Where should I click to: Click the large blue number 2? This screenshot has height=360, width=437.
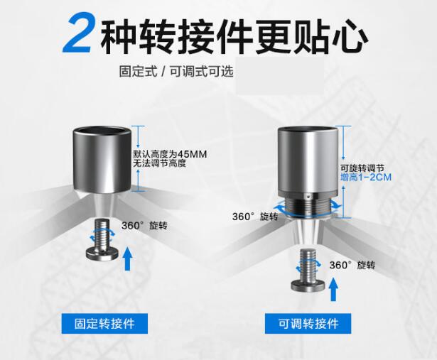pyautogui.click(x=77, y=33)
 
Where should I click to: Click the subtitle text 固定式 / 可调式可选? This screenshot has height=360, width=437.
pyautogui.click(x=176, y=71)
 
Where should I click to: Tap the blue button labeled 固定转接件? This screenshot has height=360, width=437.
pyautogui.click(x=104, y=324)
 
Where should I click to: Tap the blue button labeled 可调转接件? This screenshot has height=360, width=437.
pyautogui.click(x=308, y=324)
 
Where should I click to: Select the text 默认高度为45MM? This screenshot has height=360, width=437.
pyautogui.click(x=170, y=154)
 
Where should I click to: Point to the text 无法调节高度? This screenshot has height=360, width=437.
pyautogui.click(x=159, y=163)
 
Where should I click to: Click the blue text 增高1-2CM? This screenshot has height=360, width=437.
pyautogui.click(x=366, y=177)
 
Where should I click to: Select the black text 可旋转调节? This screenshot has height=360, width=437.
pyautogui.click(x=362, y=168)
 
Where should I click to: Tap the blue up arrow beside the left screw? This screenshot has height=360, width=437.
pyautogui.click(x=128, y=258)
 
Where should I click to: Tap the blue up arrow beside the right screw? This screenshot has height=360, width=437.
pyautogui.click(x=333, y=290)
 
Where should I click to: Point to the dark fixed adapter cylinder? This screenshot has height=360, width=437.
pyautogui.click(x=102, y=160)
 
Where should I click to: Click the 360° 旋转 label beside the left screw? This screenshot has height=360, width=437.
pyautogui.click(x=144, y=226)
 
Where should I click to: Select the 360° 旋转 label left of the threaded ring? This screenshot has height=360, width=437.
pyautogui.click(x=255, y=217)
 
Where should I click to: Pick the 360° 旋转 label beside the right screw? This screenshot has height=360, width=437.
pyautogui.click(x=352, y=265)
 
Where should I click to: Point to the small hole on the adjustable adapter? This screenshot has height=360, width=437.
pyautogui.click(x=308, y=196)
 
